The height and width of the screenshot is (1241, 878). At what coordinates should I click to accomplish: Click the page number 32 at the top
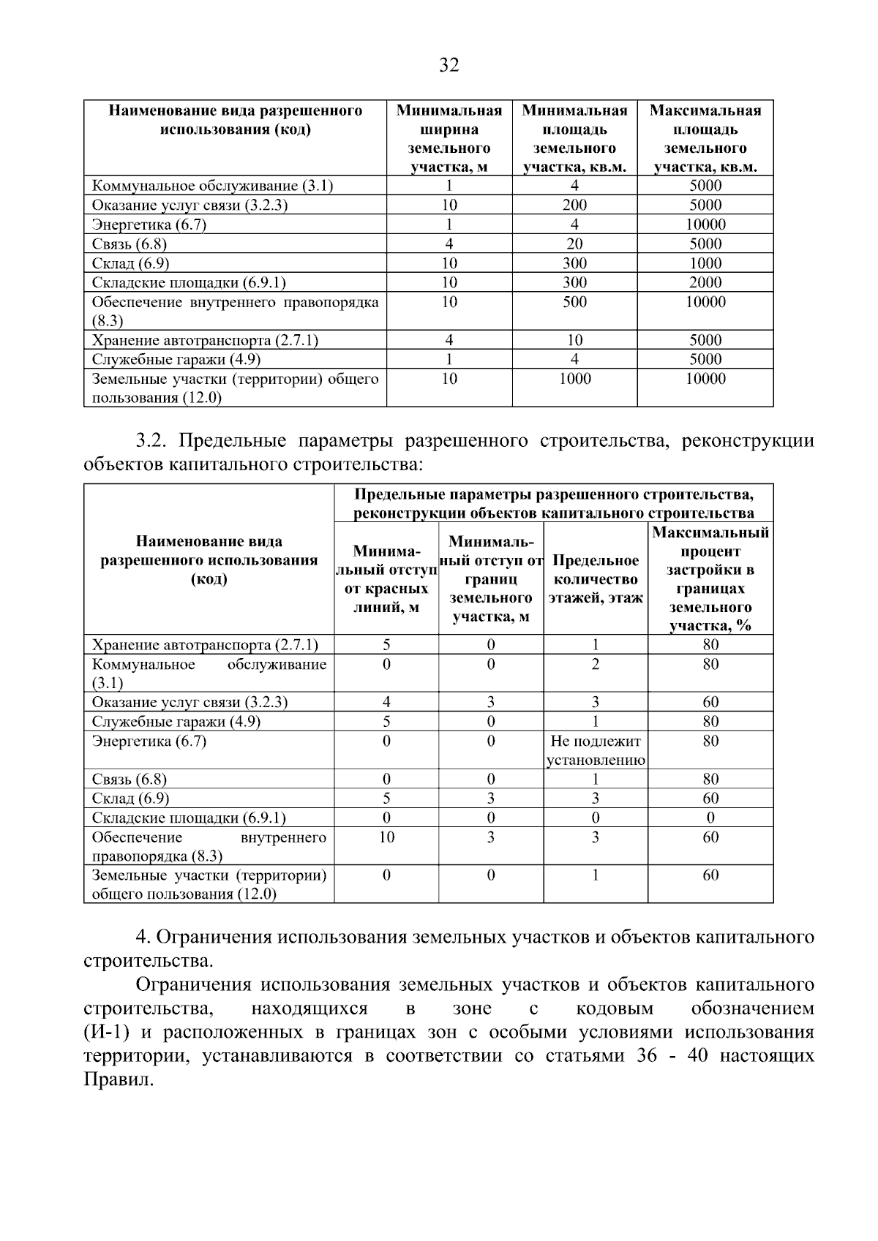(x=449, y=66)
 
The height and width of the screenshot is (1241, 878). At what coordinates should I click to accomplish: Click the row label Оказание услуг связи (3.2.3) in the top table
(x=190, y=205)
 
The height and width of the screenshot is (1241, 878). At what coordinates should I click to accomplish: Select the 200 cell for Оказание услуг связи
(x=574, y=205)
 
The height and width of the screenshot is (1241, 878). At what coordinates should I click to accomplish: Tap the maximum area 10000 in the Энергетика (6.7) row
(x=705, y=225)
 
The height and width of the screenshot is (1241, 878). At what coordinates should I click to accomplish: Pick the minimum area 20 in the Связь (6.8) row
(x=574, y=244)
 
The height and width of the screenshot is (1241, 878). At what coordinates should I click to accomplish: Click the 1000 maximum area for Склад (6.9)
(x=705, y=263)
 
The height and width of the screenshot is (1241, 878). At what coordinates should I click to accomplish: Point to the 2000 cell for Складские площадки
(x=705, y=283)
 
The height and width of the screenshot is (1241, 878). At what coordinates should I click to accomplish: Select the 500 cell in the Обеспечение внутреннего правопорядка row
(x=574, y=302)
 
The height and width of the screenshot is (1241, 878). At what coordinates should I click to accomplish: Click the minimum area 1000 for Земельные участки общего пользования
(x=574, y=379)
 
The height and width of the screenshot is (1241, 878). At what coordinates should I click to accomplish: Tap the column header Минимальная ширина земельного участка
(x=449, y=139)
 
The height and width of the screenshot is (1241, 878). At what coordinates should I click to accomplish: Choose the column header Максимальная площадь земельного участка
(x=705, y=139)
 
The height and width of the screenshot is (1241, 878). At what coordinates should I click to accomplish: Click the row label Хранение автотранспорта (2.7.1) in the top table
(x=205, y=340)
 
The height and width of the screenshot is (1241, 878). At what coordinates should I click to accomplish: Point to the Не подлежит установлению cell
(x=596, y=750)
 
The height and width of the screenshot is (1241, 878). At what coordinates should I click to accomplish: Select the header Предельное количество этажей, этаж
(x=596, y=579)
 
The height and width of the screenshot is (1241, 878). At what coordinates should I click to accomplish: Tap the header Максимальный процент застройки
(x=710, y=579)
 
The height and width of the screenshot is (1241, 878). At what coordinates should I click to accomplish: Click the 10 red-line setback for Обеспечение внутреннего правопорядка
(x=386, y=837)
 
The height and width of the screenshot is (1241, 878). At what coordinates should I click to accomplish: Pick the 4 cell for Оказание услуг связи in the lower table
(x=386, y=703)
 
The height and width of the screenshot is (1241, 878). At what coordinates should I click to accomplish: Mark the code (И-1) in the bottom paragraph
(x=107, y=1033)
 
